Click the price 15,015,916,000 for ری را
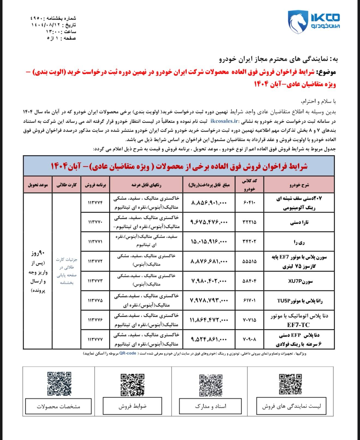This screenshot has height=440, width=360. (209, 242)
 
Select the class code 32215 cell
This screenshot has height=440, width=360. (249, 222)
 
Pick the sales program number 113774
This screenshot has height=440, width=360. (95, 203)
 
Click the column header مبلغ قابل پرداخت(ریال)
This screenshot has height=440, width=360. (209, 185)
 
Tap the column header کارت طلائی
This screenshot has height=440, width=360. (67, 185)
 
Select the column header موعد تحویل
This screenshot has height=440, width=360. (38, 185)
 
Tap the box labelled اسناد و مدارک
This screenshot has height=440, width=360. (210, 406)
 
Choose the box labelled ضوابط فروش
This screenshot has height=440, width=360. (133, 406)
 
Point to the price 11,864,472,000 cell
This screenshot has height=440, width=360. (209, 320)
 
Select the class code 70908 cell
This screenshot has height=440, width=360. (249, 340)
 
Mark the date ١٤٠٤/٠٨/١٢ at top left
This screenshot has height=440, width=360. (46, 25)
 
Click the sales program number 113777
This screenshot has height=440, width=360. (95, 340)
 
